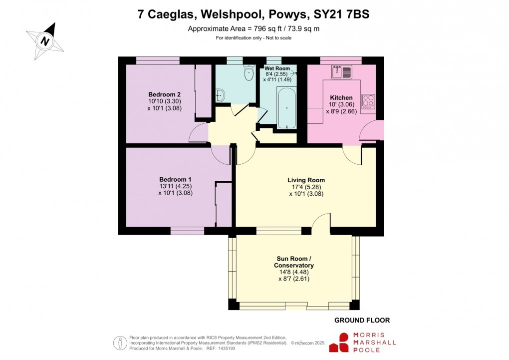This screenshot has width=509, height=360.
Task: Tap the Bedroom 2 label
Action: point(164,94)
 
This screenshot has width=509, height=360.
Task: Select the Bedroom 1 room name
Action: point(175,179)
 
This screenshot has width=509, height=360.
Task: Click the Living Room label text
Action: point(306,180)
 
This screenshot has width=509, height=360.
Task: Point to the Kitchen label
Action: point(341,97)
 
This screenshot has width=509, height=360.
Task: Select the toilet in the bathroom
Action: point(248,74)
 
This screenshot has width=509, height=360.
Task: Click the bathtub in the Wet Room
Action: point(286,108)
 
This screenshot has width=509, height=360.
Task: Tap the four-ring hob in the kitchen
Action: point(368,101)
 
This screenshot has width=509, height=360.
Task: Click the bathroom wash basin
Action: point(220,94)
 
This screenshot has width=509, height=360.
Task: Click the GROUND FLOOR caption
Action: point(362,320)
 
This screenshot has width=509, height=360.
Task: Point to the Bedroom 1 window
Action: point(187,231)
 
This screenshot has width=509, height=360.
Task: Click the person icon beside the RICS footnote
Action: point(120,343)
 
